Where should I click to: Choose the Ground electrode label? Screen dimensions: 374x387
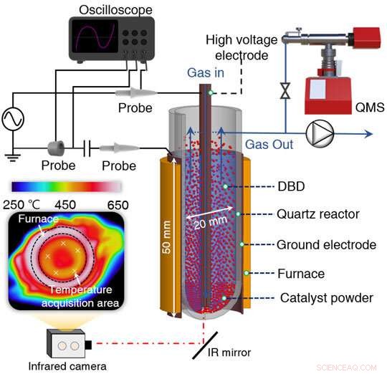tap(329, 244)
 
